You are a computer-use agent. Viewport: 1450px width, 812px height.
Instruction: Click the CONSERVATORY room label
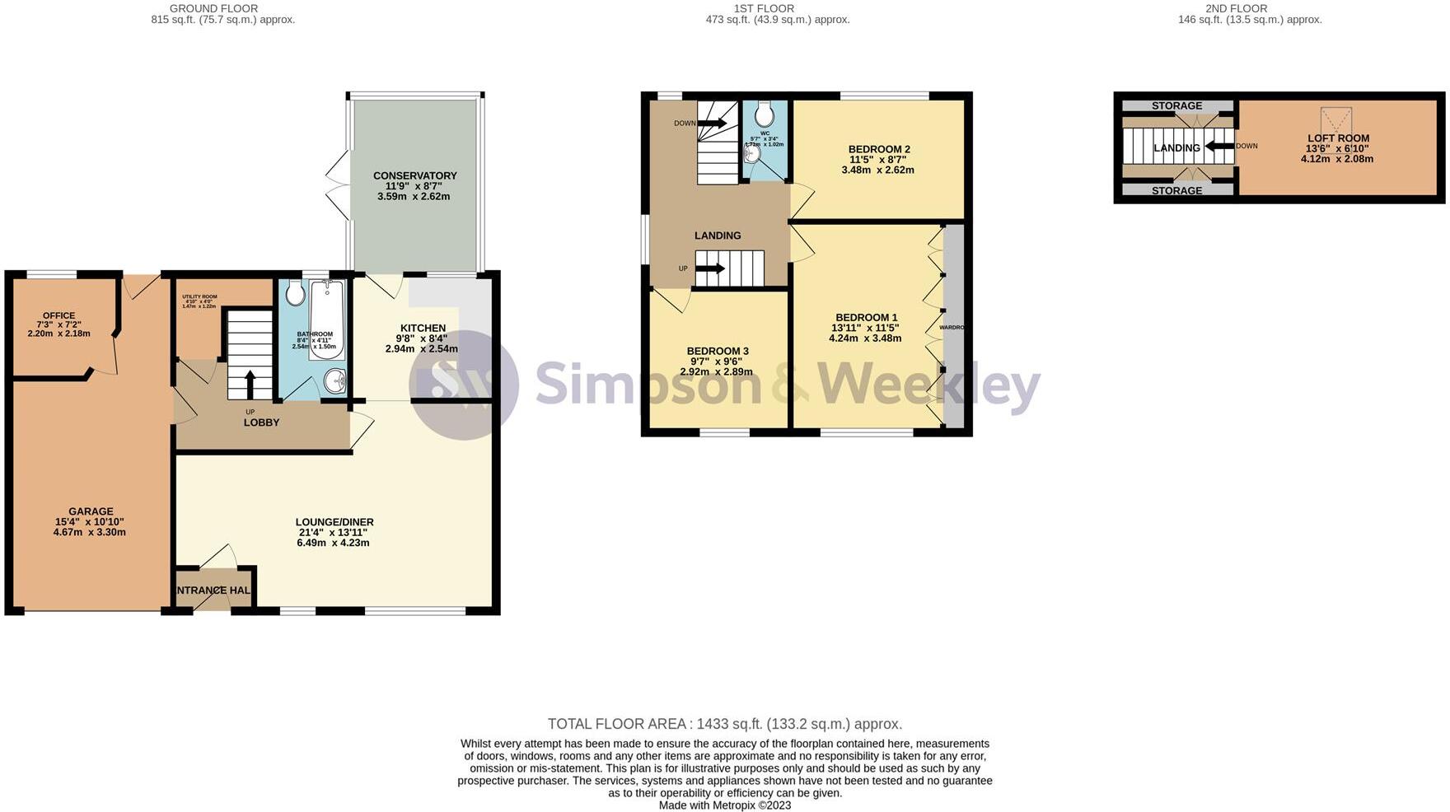coord(414,175)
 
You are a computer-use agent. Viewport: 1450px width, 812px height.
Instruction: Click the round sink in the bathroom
coord(335,380)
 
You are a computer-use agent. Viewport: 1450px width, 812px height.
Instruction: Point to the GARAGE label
coord(91,511)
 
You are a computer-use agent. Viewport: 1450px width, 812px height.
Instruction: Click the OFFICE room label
coord(58,315)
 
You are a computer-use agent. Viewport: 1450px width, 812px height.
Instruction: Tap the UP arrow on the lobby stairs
coord(250,385)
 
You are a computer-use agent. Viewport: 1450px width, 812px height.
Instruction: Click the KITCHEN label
coord(423,328)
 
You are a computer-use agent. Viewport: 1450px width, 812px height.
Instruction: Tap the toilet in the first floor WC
coord(764,113)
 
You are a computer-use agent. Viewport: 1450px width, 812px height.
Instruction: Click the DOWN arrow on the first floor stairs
coord(712,124)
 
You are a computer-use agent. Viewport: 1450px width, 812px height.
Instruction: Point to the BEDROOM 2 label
coord(879,149)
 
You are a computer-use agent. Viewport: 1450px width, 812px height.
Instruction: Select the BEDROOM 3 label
coord(718,351)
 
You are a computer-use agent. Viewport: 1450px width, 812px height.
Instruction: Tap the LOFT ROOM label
coord(1338,138)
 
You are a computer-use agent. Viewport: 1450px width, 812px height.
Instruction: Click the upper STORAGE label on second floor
coord(1176,105)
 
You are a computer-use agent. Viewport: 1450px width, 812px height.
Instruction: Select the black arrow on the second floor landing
coord(1218,147)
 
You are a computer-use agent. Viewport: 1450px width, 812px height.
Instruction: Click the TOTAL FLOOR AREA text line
coord(724,724)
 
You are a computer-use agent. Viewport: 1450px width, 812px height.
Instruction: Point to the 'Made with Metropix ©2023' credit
coord(724,805)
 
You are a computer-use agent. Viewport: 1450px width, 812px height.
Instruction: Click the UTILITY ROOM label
coord(199,296)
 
